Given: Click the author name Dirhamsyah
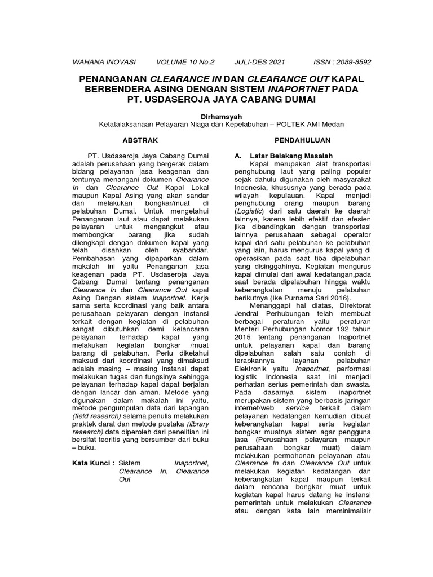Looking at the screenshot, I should click(216, 116).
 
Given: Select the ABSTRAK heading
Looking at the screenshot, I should click(141, 139).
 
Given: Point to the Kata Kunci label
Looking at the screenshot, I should click(94, 463).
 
